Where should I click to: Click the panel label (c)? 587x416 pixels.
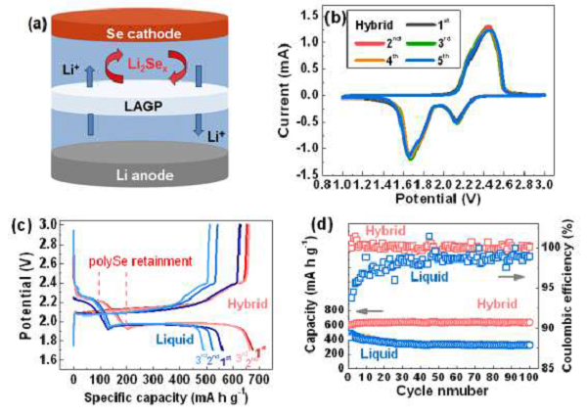pos(19,229)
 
